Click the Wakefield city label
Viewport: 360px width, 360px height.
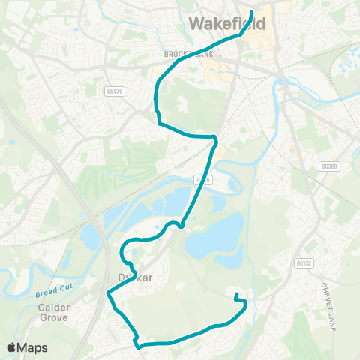tap(227, 24)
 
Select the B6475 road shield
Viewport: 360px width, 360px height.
tap(114, 91)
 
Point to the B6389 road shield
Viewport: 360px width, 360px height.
tap(329, 166)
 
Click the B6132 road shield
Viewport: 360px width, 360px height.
tap(302, 263)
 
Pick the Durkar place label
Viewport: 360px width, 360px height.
tap(136, 277)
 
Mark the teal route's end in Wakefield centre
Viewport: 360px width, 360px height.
tap(251, 13)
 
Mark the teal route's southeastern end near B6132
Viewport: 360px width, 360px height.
tap(236, 295)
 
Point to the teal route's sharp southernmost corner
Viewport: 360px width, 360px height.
tap(138, 346)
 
